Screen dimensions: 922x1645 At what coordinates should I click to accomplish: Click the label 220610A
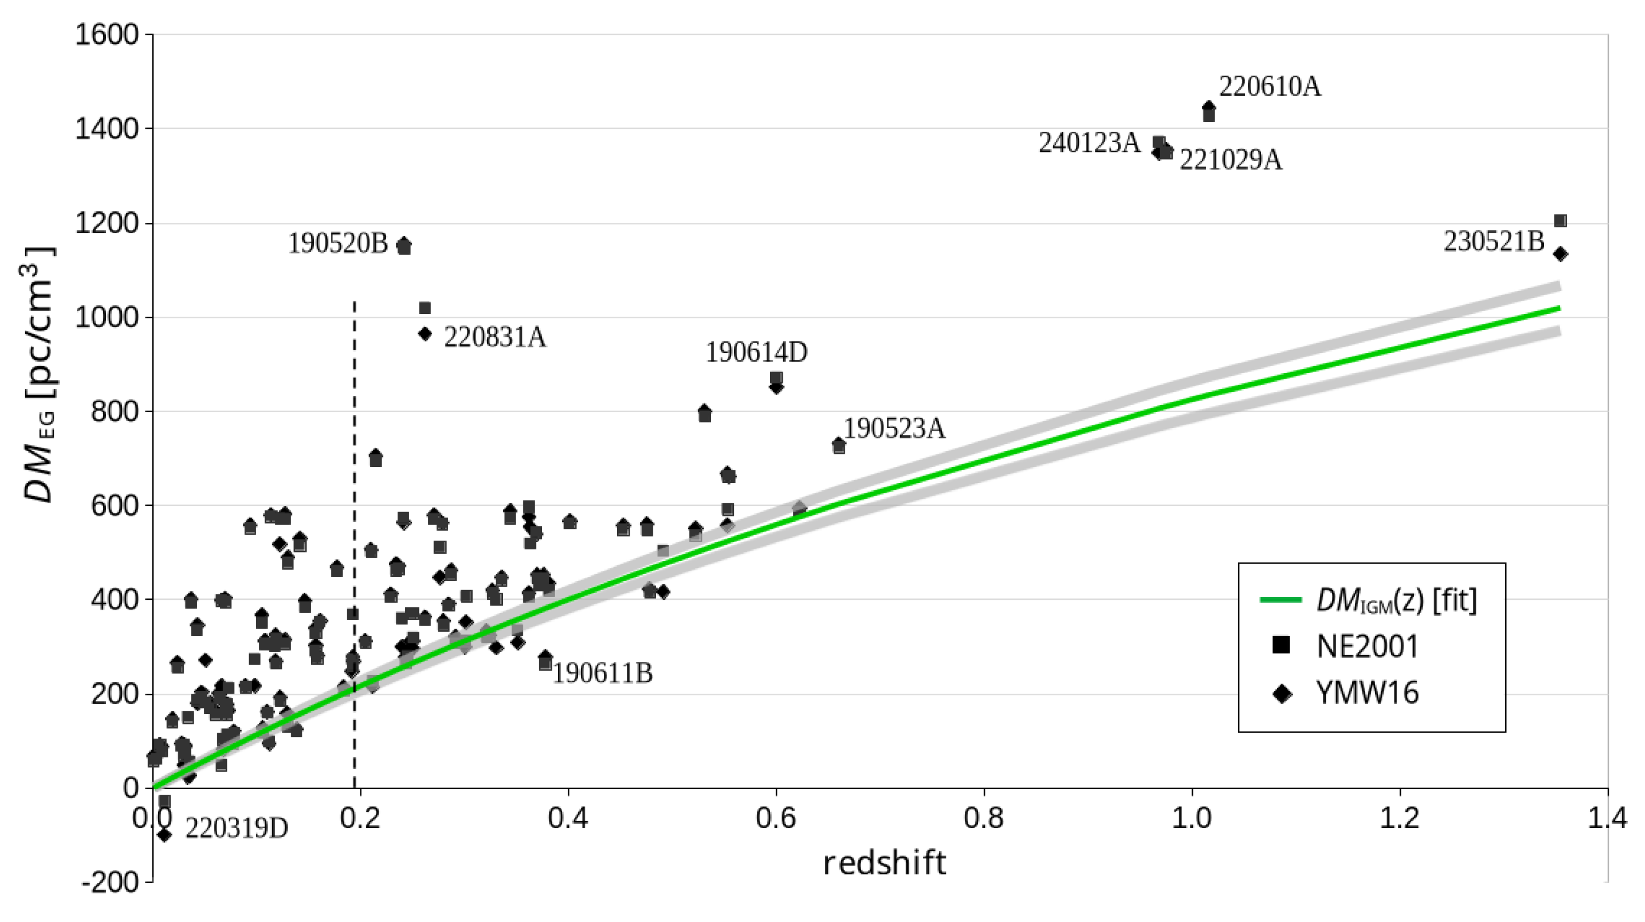1269,87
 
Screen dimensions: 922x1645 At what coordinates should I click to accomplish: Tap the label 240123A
1089,143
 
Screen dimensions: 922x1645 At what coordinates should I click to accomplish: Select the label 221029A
1230,160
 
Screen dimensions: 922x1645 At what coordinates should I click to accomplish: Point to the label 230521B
1494,242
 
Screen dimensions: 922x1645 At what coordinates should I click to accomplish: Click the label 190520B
338,244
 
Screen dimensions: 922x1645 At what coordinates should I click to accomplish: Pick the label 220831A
495,338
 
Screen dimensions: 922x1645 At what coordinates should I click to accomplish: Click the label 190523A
894,429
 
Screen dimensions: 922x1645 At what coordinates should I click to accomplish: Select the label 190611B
602,673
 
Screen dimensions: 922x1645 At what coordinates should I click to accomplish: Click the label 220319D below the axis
236,829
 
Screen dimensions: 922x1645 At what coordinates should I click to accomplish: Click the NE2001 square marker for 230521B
1560,221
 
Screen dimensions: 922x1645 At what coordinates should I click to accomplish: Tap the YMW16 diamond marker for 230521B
1560,254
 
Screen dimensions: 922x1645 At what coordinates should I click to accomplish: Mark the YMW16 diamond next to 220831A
425,334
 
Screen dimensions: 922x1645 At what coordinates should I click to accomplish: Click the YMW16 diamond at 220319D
164,834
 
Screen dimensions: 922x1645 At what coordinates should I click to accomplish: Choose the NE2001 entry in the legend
1366,646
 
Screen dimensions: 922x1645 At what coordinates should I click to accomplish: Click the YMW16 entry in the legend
1366,693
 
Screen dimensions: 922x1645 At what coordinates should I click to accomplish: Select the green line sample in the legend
1280,599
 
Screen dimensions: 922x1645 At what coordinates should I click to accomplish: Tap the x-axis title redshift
884,863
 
